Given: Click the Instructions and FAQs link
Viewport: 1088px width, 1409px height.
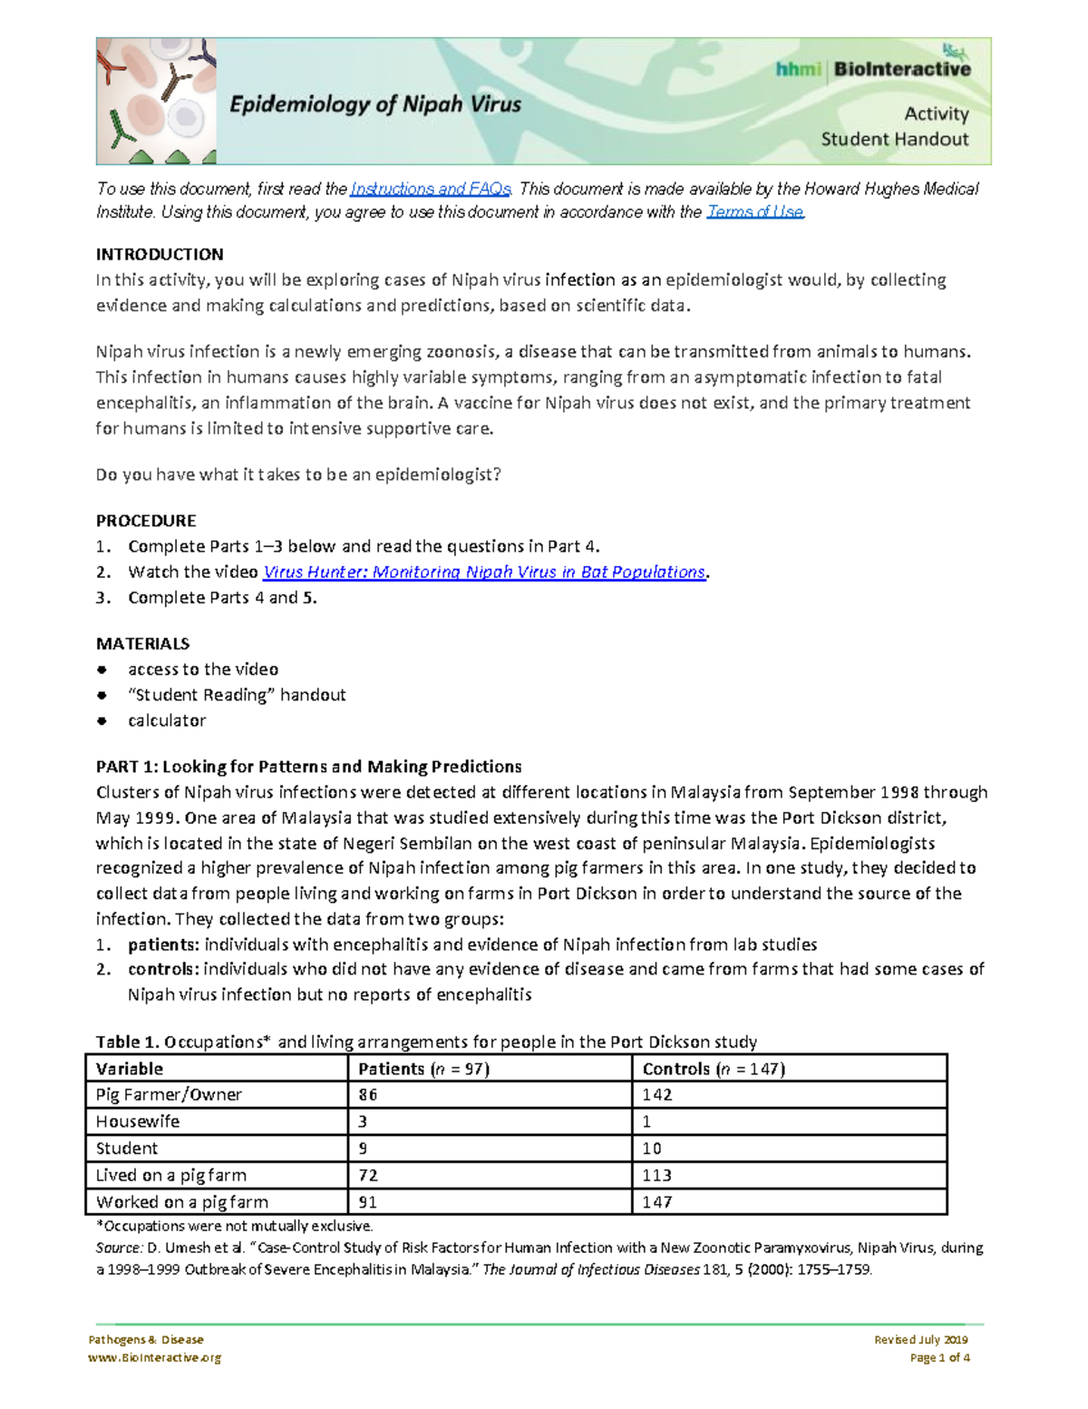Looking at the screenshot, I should pyautogui.click(x=431, y=189).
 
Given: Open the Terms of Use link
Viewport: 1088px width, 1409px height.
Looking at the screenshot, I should pyautogui.click(x=754, y=211).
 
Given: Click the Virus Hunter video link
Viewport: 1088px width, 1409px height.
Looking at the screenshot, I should pyautogui.click(x=483, y=572).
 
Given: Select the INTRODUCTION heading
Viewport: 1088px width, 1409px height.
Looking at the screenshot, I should pyautogui.click(x=160, y=254).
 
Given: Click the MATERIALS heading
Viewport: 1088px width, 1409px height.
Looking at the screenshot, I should pyautogui.click(x=142, y=643).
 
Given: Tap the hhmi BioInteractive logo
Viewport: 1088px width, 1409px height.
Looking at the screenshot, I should pyautogui.click(x=872, y=69).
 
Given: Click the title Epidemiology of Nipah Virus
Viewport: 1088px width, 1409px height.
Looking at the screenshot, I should pyautogui.click(x=375, y=104).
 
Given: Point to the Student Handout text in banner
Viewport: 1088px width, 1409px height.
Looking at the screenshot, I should pyautogui.click(x=894, y=139).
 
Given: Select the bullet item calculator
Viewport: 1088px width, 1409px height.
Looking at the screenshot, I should pyautogui.click(x=167, y=720).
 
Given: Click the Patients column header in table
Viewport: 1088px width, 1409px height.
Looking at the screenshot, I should pyautogui.click(x=423, y=1068).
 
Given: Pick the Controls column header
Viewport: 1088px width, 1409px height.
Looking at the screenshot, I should pyautogui.click(x=714, y=1068).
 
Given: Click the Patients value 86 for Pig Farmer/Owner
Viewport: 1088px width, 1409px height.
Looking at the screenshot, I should pyautogui.click(x=367, y=1094).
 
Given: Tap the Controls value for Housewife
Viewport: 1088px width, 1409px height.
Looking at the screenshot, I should pyautogui.click(x=646, y=1121).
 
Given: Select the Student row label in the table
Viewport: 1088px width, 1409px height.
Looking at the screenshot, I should pyautogui.click(x=127, y=1148).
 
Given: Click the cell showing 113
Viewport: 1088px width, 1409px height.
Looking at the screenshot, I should pyautogui.click(x=656, y=1175).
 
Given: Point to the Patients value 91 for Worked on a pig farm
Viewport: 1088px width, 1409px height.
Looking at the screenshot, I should pyautogui.click(x=367, y=1201).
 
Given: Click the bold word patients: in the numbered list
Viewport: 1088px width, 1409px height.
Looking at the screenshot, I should pyautogui.click(x=163, y=944).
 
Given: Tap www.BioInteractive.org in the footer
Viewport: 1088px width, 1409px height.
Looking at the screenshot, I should pyautogui.click(x=154, y=1357).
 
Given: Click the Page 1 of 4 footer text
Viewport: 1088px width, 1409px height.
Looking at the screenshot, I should pyautogui.click(x=939, y=1357).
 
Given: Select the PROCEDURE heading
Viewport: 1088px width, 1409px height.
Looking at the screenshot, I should pyautogui.click(x=146, y=521).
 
